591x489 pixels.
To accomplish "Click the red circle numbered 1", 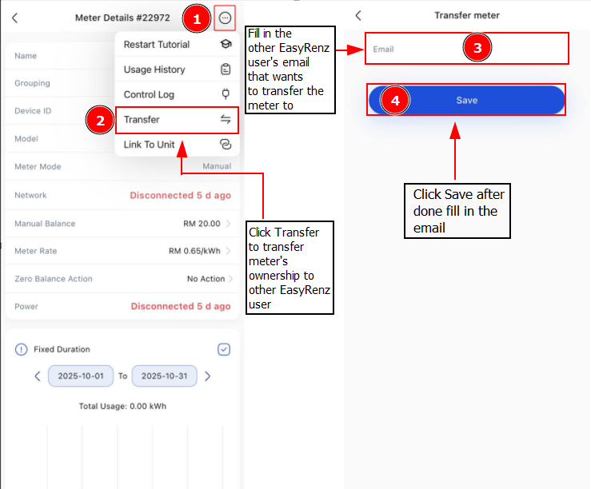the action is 197,18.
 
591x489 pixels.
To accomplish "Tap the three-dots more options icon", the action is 225,18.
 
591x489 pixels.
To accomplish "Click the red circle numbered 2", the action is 100,120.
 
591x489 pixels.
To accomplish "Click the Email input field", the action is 466,49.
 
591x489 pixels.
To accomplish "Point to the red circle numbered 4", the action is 395,100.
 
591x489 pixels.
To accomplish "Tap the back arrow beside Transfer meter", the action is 358,15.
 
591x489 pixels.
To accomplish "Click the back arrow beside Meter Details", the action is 14,18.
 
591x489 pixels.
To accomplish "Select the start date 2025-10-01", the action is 81,376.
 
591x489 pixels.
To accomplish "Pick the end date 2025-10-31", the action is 164,376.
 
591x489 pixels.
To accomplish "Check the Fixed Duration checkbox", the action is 224,349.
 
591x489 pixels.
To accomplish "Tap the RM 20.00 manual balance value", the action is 202,224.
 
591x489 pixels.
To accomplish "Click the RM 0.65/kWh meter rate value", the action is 194,251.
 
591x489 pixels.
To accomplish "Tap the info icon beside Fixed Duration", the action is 21,349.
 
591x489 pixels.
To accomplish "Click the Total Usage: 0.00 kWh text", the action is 122,406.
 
